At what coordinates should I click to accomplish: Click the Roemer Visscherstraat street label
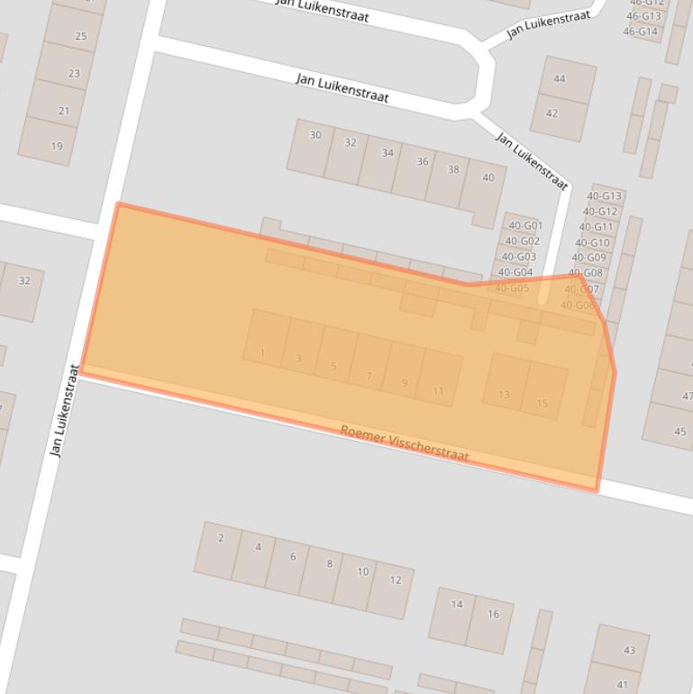(405, 443)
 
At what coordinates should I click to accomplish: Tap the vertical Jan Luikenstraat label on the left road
(65, 410)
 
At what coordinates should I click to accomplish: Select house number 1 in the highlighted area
(262, 352)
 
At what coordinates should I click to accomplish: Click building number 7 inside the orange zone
(369, 376)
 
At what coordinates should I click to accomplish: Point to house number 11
(438, 391)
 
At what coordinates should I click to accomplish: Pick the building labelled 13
(504, 395)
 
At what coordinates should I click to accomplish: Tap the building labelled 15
(543, 403)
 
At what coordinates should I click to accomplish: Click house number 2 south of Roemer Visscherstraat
(221, 538)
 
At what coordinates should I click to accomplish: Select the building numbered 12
(395, 580)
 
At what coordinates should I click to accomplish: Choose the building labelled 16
(493, 615)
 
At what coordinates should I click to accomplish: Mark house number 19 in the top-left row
(57, 146)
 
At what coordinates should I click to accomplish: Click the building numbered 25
(81, 37)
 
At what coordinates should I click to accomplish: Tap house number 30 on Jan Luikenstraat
(315, 135)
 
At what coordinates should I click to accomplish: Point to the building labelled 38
(453, 169)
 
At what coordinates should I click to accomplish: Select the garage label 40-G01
(524, 226)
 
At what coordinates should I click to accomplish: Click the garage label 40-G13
(604, 196)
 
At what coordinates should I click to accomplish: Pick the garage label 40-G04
(515, 272)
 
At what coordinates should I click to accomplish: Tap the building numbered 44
(560, 79)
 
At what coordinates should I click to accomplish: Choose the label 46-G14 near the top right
(640, 32)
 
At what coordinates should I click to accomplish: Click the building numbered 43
(629, 650)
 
